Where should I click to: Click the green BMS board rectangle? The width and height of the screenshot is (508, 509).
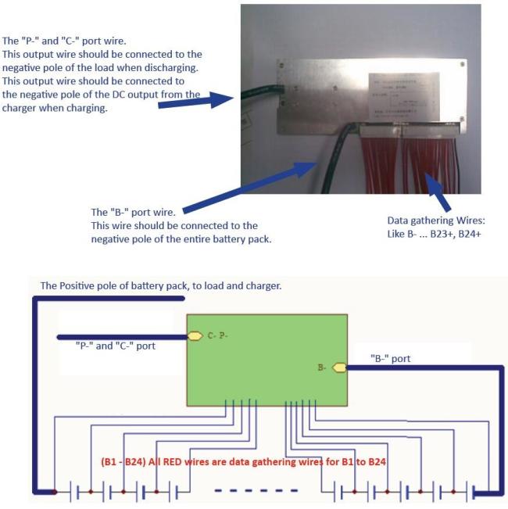266,360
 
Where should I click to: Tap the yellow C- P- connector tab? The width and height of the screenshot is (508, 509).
195,336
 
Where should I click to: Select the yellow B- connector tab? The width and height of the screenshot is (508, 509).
339,366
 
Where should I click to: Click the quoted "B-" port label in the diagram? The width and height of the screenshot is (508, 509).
390,358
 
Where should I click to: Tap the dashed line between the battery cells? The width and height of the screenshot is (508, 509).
257,491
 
